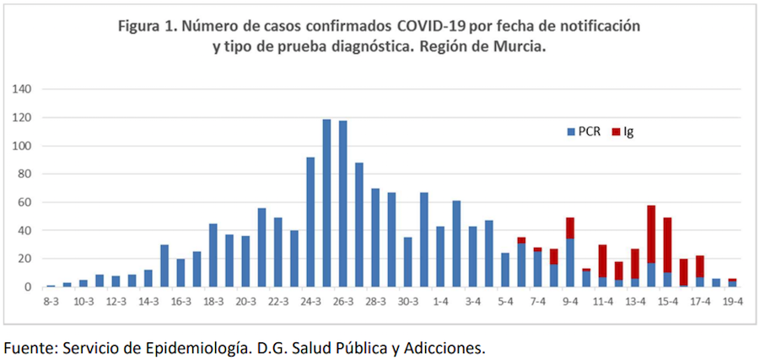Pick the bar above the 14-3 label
pyautogui.click(x=148, y=278)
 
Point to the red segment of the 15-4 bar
pyautogui.click(x=668, y=244)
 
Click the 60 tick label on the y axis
pyautogui.click(x=25, y=202)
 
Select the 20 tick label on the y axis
pyautogui.click(x=25, y=259)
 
